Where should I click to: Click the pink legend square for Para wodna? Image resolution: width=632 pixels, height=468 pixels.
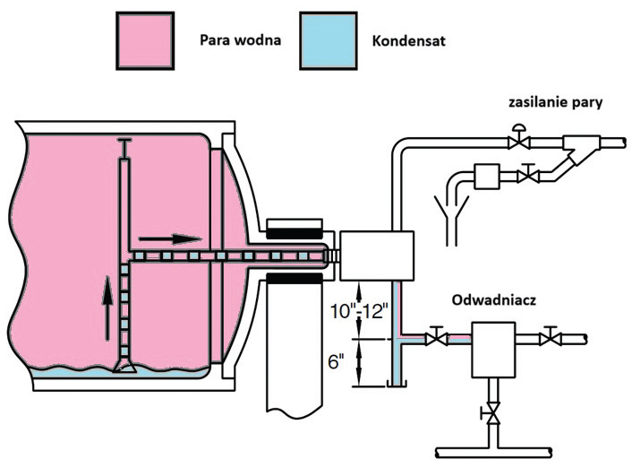pos(145,40)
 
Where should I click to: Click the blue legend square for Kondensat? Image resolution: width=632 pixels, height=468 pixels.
pos(329,40)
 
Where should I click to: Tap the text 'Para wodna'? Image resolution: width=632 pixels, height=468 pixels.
pos(240,40)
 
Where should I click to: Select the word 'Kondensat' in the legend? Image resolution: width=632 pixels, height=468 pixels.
pos(409,41)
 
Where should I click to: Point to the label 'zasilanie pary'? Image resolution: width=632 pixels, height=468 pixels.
pos(555,102)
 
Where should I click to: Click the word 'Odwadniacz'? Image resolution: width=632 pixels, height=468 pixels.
pos(494,300)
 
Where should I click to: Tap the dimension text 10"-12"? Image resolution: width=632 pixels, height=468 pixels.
pos(359,311)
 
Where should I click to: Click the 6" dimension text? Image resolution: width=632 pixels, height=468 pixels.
pos(336,362)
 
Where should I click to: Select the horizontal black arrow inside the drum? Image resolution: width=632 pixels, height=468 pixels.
pos(170,239)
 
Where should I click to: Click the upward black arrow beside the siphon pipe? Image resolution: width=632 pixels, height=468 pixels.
pos(107,308)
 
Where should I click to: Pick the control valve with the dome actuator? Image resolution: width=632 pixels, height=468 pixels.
pos(518,137)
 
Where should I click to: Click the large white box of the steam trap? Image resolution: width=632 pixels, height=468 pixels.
pos(494,350)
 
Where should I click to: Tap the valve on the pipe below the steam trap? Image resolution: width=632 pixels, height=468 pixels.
pos(492,413)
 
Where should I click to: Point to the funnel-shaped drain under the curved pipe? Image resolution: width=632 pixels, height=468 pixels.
pos(452,220)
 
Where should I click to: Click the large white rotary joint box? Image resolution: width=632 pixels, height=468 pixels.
pos(377,256)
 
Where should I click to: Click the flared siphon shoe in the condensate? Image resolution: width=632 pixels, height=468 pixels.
pos(124,366)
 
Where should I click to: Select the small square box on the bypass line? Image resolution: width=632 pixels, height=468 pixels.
pos(487,177)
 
